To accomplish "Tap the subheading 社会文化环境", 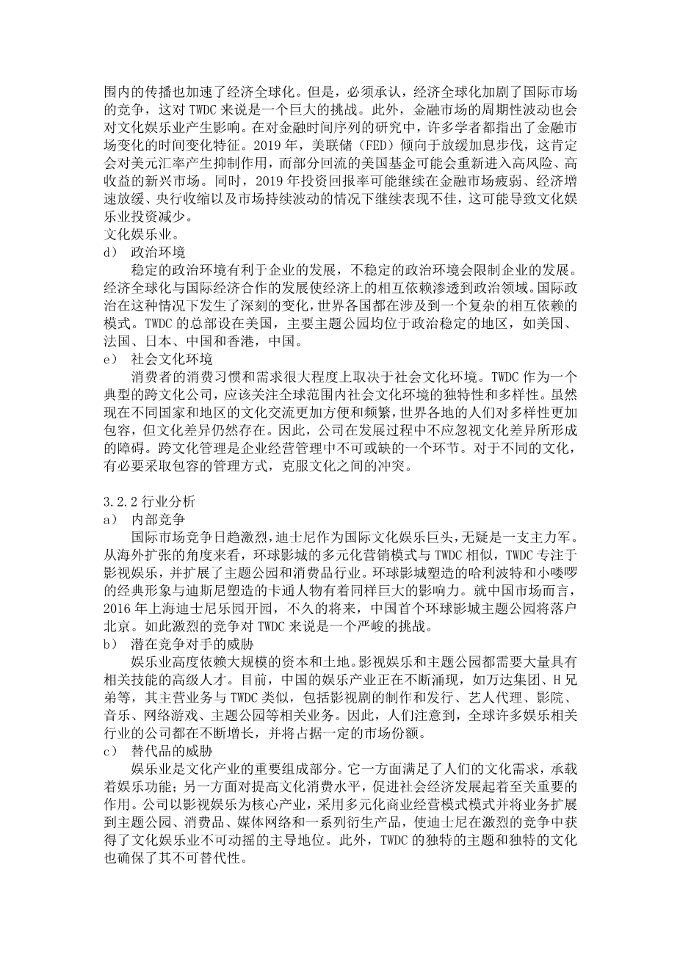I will (172, 359).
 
